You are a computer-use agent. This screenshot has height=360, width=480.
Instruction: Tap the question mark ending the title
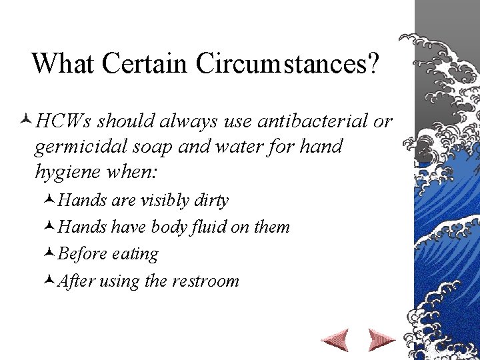point(372,63)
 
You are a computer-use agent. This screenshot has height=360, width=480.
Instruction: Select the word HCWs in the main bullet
point(66,121)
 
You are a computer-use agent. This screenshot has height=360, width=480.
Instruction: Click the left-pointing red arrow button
point(335,339)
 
